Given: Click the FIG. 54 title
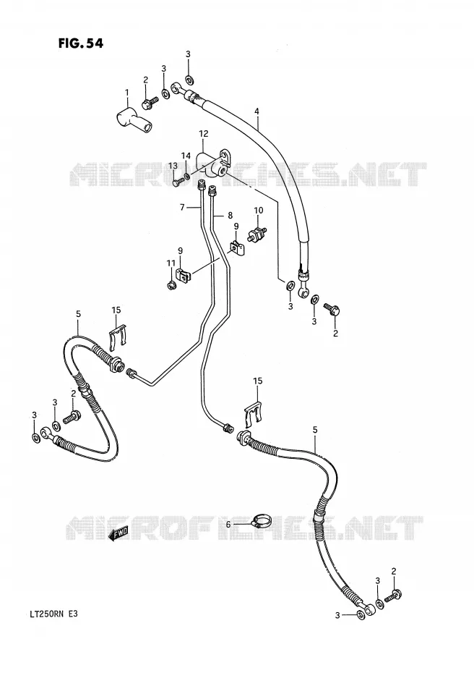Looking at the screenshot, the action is click(x=80, y=43).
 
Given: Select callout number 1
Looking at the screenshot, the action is click(x=127, y=93).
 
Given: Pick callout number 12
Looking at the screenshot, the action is click(x=203, y=135).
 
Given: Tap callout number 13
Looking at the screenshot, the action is click(x=173, y=166).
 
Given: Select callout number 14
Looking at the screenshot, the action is click(x=185, y=156).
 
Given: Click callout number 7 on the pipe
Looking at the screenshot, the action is click(x=182, y=208).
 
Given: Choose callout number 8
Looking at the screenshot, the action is click(x=230, y=215).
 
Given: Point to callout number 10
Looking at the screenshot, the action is click(x=259, y=211).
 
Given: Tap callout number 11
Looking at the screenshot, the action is click(x=171, y=263).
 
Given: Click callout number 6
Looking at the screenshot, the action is click(x=228, y=525).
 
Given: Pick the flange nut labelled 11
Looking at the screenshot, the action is click(x=171, y=284).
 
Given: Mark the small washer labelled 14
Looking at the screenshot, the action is click(x=187, y=176).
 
